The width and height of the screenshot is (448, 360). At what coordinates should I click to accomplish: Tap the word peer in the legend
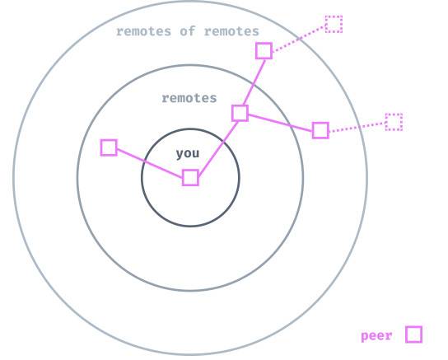[x=376, y=336]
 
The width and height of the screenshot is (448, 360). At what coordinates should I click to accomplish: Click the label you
[x=188, y=154]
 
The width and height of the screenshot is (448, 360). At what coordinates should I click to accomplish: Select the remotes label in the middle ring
[x=189, y=98]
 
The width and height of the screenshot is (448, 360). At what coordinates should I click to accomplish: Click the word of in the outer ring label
[x=188, y=31]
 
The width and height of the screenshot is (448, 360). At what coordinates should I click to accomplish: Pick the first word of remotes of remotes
[x=143, y=31]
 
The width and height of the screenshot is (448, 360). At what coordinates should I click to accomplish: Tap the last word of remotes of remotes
[x=231, y=31]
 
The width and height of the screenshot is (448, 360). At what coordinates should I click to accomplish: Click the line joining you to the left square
[x=150, y=163]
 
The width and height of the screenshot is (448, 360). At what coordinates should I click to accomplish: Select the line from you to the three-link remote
[x=218, y=148]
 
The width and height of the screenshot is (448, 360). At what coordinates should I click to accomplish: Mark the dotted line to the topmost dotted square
[x=299, y=39]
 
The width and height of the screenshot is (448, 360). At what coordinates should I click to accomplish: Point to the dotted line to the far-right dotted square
[x=357, y=127]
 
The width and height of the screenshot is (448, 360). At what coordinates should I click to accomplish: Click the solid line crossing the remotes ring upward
[x=254, y=82]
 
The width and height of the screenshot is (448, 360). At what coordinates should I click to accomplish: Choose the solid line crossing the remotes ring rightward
[x=280, y=123]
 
